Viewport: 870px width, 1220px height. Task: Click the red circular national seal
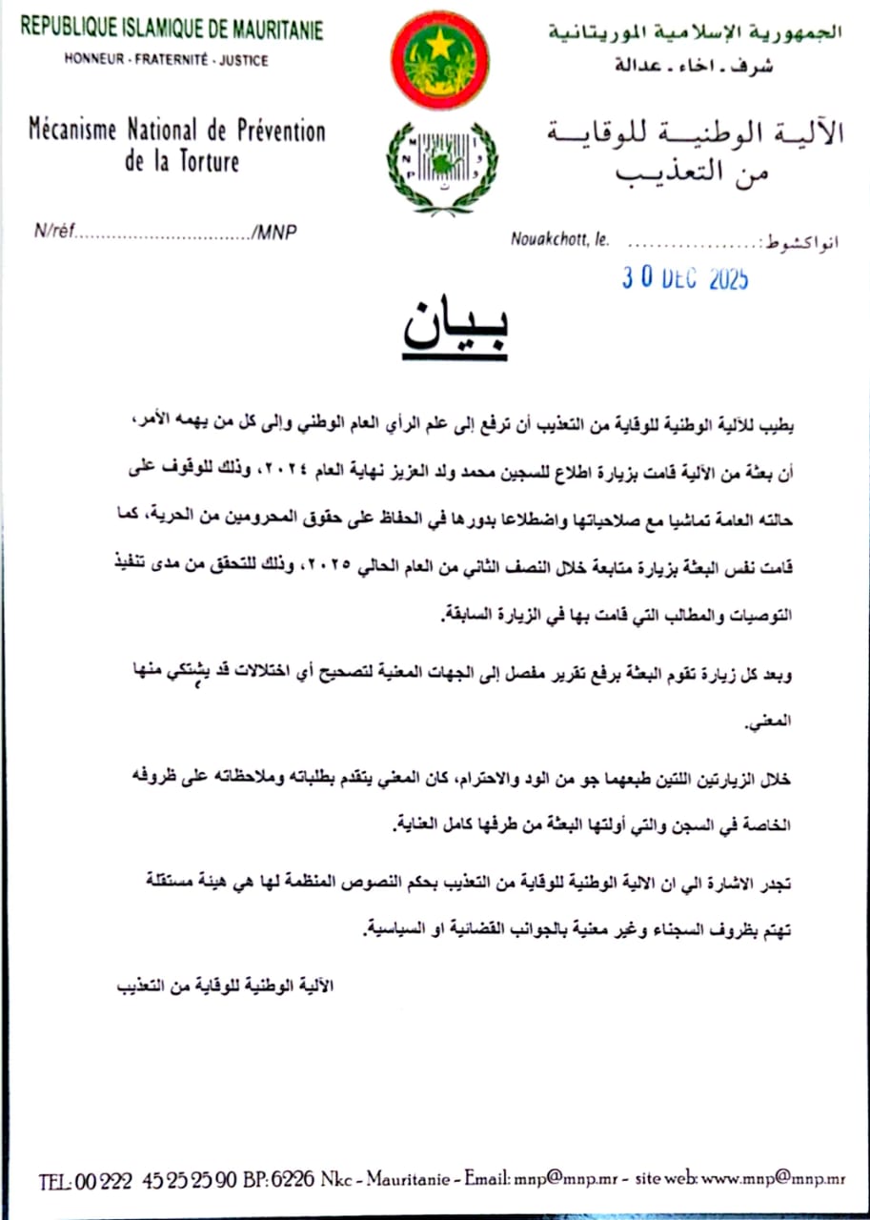click(x=439, y=59)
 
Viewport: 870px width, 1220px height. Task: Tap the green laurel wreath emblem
click(x=441, y=168)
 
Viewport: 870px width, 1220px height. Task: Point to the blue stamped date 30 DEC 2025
click(x=685, y=278)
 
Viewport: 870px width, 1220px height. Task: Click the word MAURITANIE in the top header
click(x=272, y=29)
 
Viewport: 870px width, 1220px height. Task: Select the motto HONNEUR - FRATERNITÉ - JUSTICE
click(x=166, y=60)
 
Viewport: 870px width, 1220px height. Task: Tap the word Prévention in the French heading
click(x=276, y=130)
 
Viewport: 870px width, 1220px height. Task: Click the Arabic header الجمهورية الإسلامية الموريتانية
click(x=695, y=32)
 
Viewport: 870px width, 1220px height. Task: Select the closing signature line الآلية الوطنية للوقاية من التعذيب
click(x=221, y=985)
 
